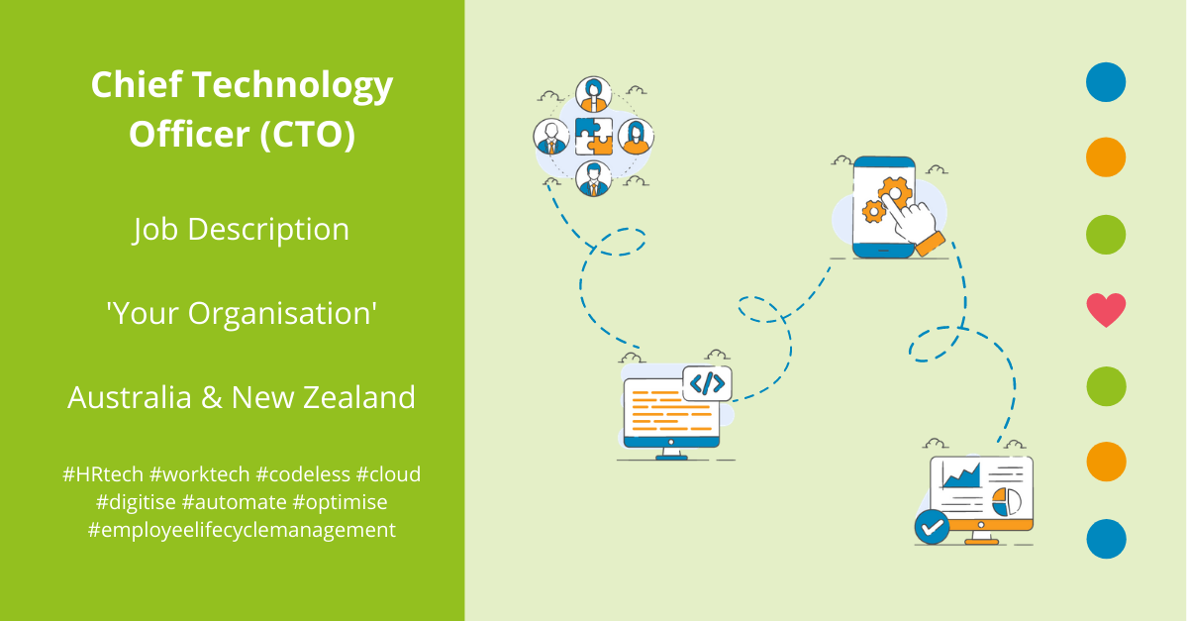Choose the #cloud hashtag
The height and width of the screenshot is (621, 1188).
click(388, 474)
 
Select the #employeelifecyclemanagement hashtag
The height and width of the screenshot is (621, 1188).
click(242, 530)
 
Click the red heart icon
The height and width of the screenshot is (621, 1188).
click(1106, 310)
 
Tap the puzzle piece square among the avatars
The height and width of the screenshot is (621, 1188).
click(594, 137)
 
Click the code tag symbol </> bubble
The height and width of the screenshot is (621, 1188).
click(708, 382)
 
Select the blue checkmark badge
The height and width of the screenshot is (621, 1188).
click(932, 527)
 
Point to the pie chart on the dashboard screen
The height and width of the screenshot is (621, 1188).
click(1006, 501)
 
